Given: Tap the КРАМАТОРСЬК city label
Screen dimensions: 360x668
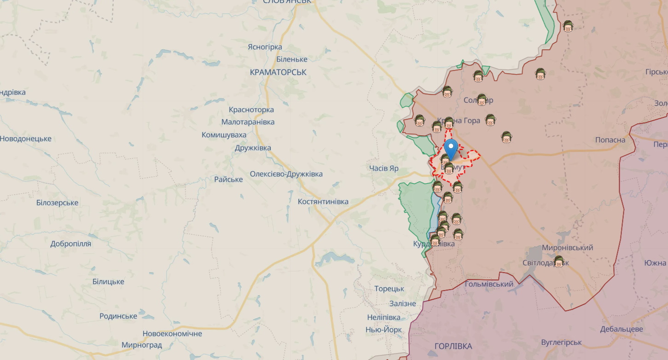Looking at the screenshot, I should (x=278, y=72).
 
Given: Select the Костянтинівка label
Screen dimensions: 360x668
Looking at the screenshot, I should (x=323, y=202).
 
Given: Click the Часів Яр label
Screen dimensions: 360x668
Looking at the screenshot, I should (x=383, y=168).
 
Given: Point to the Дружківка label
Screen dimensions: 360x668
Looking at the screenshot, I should (x=253, y=148).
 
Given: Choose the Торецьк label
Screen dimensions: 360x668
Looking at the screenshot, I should (x=389, y=289).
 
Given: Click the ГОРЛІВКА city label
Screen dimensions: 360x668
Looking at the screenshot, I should (x=453, y=346).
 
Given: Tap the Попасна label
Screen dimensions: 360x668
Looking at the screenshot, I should (x=610, y=140).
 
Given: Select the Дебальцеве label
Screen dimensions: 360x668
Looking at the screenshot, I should (x=622, y=329).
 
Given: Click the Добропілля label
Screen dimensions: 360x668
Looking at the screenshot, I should (x=71, y=244).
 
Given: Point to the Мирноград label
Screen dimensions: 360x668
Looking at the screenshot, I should (x=142, y=345).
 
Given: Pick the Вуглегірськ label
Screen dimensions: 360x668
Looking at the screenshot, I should (x=561, y=343).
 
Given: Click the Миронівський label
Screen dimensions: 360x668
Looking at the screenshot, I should (x=567, y=248).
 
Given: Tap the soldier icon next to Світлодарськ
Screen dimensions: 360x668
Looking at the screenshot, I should (x=559, y=261).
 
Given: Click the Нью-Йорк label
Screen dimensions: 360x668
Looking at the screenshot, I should (x=383, y=330).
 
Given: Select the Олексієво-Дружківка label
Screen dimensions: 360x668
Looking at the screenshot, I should (x=286, y=174).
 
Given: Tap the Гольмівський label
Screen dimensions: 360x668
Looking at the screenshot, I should (x=488, y=284).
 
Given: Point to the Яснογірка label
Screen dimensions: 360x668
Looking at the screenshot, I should (x=265, y=47).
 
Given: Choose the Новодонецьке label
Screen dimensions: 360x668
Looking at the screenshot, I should (x=25, y=139).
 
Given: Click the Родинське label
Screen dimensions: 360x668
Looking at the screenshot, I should (x=118, y=316).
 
